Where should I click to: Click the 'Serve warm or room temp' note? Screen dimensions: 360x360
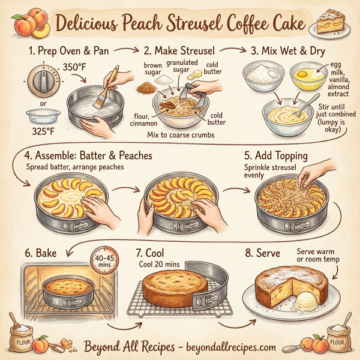[318, 255]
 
